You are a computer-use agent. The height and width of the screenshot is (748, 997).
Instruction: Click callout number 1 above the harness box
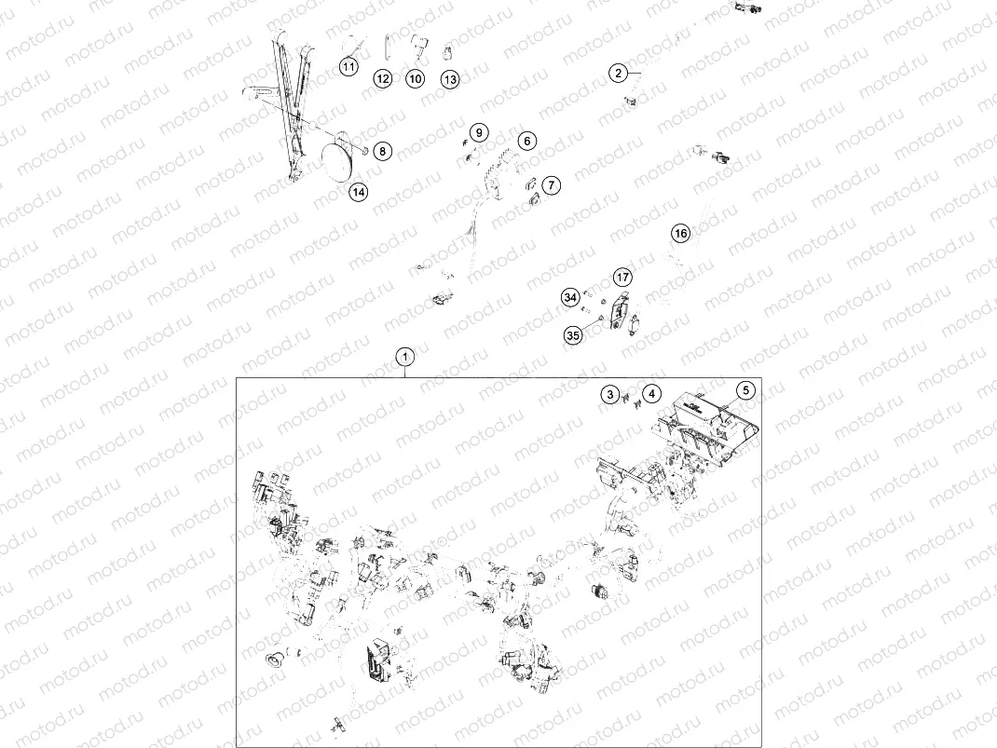405,357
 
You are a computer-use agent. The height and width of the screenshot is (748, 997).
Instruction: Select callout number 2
618,73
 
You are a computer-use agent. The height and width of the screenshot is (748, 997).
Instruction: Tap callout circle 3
610,395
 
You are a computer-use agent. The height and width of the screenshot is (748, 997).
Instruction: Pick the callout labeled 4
651,394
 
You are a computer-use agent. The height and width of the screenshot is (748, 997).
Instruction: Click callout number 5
745,390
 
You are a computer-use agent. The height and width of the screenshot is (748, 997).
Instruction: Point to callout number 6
526,141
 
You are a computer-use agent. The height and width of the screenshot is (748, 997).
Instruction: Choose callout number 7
552,185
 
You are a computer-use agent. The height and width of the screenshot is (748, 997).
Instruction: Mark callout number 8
382,151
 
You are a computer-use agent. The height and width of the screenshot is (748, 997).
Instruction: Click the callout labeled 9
479,133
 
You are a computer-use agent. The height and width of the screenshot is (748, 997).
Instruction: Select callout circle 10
416,79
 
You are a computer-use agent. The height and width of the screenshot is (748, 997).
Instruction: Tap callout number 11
348,66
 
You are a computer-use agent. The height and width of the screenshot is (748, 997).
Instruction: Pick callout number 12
382,79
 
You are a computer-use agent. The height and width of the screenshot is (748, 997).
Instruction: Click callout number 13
450,79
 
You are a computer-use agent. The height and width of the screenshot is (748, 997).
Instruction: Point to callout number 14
359,192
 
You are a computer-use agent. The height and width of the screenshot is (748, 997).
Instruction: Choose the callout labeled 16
680,233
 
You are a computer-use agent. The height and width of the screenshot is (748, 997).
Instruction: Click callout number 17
622,277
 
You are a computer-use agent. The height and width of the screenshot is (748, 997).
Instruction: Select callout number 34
570,297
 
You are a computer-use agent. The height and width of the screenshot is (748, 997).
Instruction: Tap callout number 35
573,335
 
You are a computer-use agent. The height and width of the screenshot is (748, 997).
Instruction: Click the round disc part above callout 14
337,161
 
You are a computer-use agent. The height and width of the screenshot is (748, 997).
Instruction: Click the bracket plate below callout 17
619,311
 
